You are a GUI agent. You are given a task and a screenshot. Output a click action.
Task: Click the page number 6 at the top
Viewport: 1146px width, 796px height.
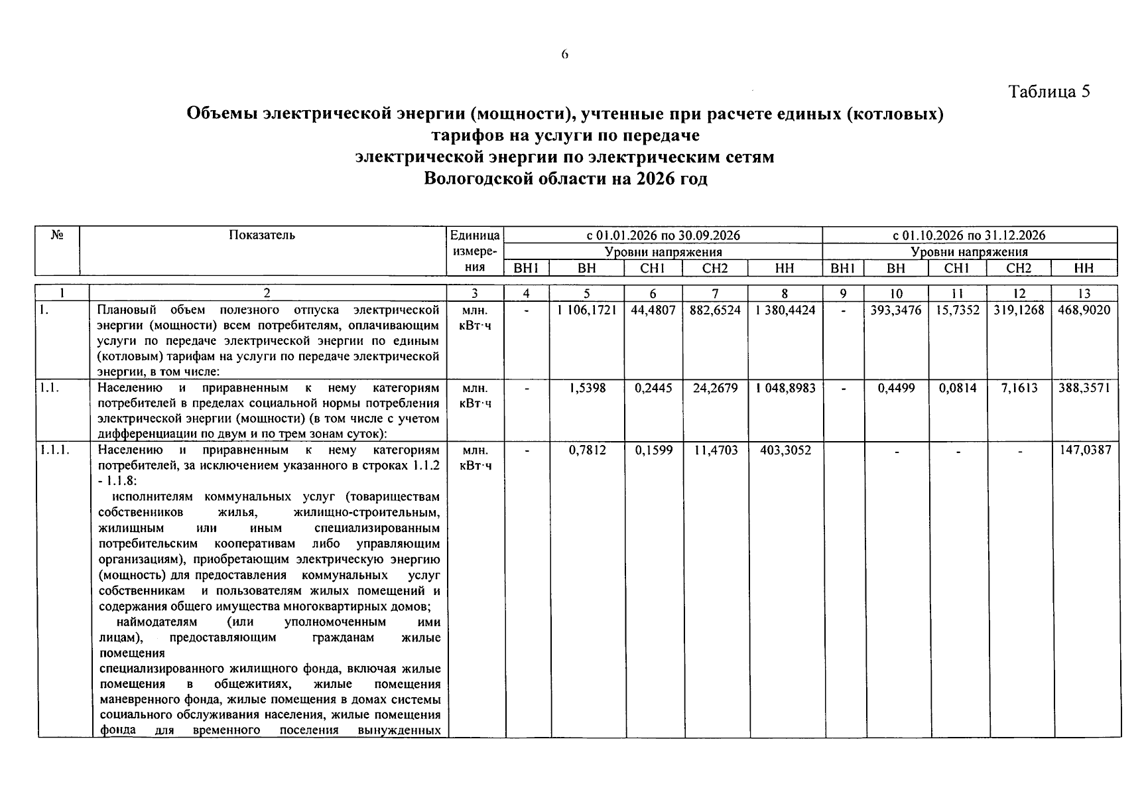pyautogui.click(x=564, y=55)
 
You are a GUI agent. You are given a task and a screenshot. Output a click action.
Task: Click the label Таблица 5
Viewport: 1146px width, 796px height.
pyautogui.click(x=1049, y=92)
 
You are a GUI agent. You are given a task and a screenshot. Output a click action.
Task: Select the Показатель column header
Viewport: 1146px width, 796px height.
pyautogui.click(x=262, y=235)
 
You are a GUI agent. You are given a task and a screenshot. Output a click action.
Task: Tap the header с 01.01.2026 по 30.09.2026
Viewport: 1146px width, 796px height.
pyautogui.click(x=663, y=235)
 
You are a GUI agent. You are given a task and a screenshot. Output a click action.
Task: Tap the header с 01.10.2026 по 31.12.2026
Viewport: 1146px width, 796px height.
pyautogui.click(x=969, y=235)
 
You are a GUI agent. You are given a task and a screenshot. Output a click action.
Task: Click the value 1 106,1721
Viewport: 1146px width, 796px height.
pyautogui.click(x=586, y=310)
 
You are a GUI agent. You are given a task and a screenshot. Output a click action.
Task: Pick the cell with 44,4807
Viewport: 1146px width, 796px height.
pyautogui.click(x=653, y=310)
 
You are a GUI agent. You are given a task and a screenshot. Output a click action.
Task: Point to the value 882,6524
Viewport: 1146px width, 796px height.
pyautogui.click(x=715, y=310)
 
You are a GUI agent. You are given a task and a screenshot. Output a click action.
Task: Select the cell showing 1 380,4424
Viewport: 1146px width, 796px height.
pyautogui.click(x=785, y=310)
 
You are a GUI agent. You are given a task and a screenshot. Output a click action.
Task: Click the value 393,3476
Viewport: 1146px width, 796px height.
pyautogui.click(x=895, y=310)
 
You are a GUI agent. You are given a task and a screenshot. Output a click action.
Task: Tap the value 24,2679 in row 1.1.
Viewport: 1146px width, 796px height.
pyautogui.click(x=715, y=388)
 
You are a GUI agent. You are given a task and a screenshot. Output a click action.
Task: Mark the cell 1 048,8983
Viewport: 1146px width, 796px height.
pyautogui.click(x=785, y=388)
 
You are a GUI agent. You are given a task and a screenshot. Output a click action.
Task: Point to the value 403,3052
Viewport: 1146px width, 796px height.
pyautogui.click(x=785, y=450)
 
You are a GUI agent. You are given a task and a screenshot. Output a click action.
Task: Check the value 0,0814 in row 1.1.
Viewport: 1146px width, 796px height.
pyautogui.click(x=957, y=388)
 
